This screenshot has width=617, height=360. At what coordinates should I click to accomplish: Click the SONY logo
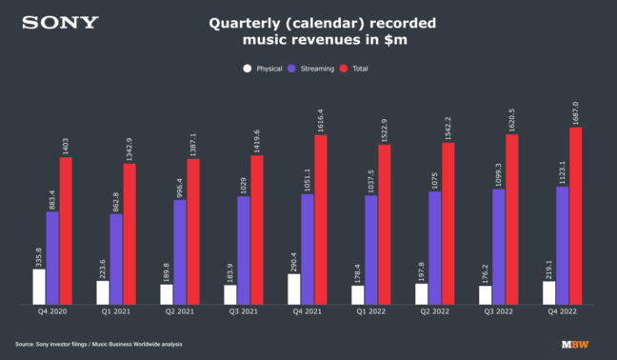tap(60, 22)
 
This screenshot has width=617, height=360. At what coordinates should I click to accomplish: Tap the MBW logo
tap(574, 344)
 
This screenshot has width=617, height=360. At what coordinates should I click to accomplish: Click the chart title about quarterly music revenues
tap(308, 33)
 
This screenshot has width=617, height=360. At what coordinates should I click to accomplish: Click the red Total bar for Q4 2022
tap(575, 216)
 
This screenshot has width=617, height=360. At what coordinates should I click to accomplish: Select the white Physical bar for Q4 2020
tap(39, 287)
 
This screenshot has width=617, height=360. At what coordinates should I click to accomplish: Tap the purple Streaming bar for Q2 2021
tap(180, 252)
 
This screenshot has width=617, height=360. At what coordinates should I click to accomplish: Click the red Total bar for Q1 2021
tap(129, 234)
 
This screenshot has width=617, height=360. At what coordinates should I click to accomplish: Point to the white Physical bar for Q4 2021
tap(294, 290)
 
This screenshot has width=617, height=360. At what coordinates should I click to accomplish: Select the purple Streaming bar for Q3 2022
tap(499, 247)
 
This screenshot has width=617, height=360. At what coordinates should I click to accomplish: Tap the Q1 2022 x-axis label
tap(370, 312)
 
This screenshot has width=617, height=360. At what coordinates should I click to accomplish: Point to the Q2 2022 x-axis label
tap(434, 312)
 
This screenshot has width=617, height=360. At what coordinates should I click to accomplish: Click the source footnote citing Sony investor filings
tap(98, 344)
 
